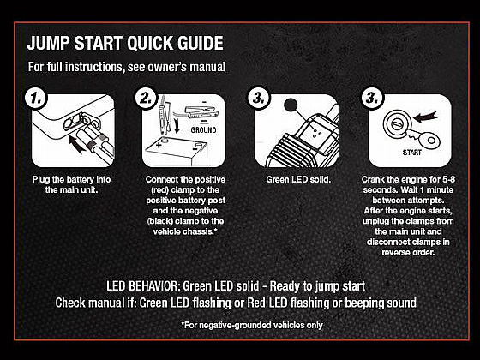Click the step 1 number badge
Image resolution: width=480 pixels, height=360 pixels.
36,98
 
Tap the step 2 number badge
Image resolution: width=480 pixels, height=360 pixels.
147,98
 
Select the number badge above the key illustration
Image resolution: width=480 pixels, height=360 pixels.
372,98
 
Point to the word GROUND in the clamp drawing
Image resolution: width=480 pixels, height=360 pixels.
203,130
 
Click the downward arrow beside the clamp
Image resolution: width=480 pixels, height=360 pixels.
177,124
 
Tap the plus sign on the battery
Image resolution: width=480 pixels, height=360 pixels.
159,145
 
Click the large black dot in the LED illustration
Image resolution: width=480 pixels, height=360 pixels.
291,105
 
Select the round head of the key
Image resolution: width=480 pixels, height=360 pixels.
430,141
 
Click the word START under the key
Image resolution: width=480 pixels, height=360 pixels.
411,153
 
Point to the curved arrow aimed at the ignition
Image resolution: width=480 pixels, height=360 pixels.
425,117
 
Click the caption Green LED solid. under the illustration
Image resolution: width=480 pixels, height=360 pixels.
298,179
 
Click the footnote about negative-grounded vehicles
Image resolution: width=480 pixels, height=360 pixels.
252,325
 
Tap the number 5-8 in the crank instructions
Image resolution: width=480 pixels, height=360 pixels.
448,179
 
